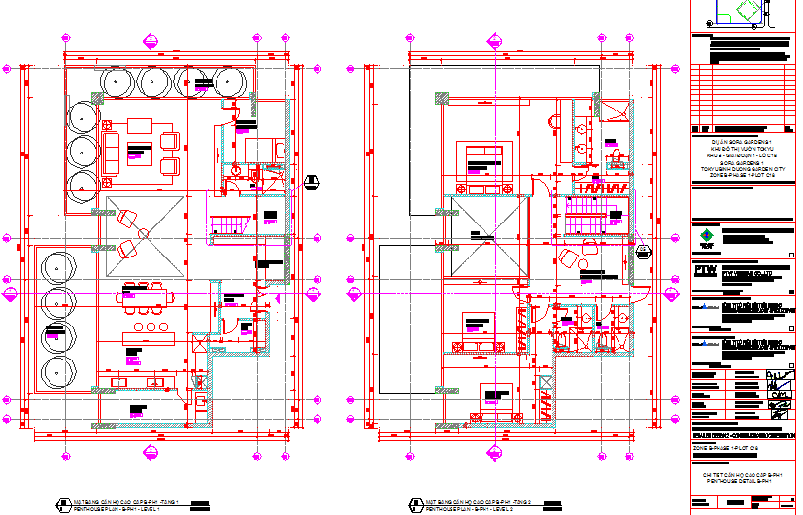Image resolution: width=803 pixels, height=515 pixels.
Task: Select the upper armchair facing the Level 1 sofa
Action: pos(170,141)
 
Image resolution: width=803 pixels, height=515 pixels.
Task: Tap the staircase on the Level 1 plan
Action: pos(227,223)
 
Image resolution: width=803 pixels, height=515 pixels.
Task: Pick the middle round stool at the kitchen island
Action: pos(151,326)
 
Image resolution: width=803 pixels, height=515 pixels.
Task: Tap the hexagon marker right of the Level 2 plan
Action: pos(643,251)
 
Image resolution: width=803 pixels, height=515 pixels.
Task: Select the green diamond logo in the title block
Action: pos(706,236)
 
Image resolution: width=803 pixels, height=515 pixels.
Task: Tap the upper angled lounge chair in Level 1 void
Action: pos(127,222)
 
